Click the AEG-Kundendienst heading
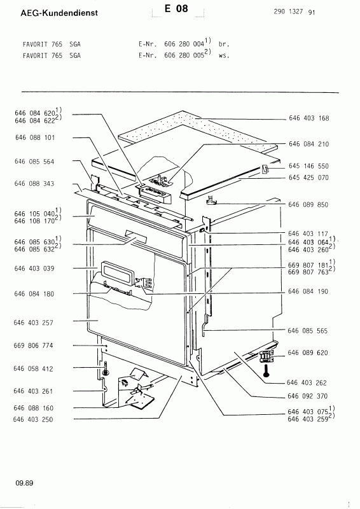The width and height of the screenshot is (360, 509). click(59, 13)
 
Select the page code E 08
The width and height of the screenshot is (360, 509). click(176, 9)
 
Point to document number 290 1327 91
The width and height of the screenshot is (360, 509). click(294, 12)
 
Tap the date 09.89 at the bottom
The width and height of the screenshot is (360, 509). click(24, 483)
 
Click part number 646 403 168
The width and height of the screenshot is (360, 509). click(308, 118)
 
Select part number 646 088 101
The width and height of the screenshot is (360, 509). click(35, 137)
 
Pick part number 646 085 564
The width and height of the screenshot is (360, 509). click(34, 162)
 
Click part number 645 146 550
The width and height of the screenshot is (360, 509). click(308, 166)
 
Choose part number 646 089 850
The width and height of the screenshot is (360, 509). click(308, 205)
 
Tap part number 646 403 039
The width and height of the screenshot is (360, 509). click(34, 268)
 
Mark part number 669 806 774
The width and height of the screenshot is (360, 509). click(33, 345)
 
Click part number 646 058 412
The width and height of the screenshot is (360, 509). click(33, 369)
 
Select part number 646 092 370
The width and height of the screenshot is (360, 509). click(307, 396)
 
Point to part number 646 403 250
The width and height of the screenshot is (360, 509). click(33, 419)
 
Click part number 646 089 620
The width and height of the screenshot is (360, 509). click(308, 353)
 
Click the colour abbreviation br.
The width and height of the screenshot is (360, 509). click(224, 44)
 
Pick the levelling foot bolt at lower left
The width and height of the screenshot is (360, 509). click(106, 369)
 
